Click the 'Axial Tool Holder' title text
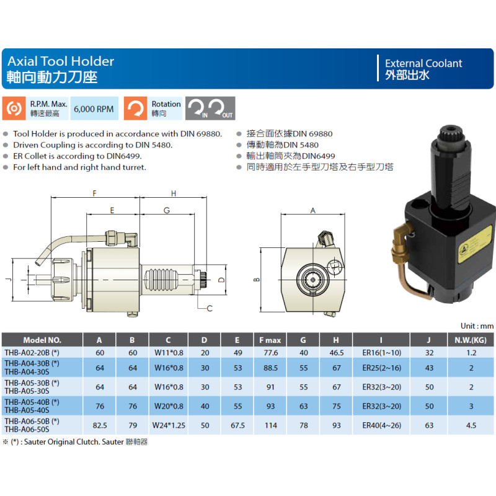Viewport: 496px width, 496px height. click(61, 61)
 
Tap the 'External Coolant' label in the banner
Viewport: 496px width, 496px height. click(423, 63)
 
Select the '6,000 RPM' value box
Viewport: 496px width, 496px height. click(94, 108)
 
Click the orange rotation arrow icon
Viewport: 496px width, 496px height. click(135, 108)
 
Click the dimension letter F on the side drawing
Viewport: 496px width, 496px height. click(95, 193)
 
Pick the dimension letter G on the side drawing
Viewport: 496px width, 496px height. click(167, 210)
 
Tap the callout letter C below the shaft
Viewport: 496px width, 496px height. click(210, 308)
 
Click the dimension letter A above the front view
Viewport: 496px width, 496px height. click(313, 210)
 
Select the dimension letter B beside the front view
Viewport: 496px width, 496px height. click(257, 280)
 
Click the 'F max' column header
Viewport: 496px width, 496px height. click(270, 340)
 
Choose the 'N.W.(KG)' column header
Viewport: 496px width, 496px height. click(471, 340)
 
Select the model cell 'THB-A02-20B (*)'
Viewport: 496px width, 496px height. click(32, 353)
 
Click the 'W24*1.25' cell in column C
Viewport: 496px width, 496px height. click(169, 425)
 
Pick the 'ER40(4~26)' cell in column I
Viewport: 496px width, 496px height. click(381, 425)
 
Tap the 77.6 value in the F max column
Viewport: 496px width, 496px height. click(271, 353)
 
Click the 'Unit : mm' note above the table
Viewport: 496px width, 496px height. click(477, 326)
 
